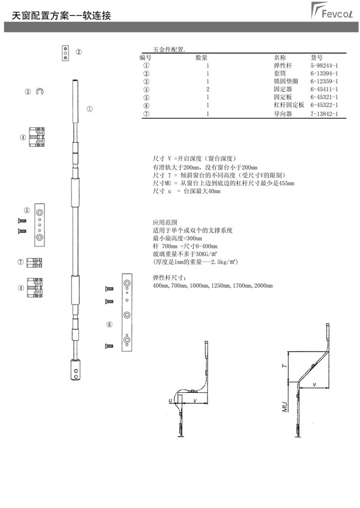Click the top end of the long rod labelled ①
[x=75, y=81]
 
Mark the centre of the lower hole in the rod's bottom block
[x=76, y=377]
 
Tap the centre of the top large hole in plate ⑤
[x=40, y=213]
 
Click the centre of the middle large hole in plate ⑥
[x=127, y=315]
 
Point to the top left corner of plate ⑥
[x=122, y=274]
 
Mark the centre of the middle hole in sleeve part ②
[x=65, y=53]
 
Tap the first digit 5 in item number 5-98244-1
[x=312, y=65]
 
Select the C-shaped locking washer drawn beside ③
[x=40, y=91]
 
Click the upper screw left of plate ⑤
[x=22, y=221]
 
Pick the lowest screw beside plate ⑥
[x=109, y=346]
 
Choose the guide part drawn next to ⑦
[x=34, y=263]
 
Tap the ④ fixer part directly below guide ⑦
[x=35, y=287]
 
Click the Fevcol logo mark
[x=331, y=10]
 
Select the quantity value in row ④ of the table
[x=208, y=89]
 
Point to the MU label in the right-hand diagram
[x=285, y=407]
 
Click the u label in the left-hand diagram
[x=170, y=401]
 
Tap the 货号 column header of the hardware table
[x=317, y=58]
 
